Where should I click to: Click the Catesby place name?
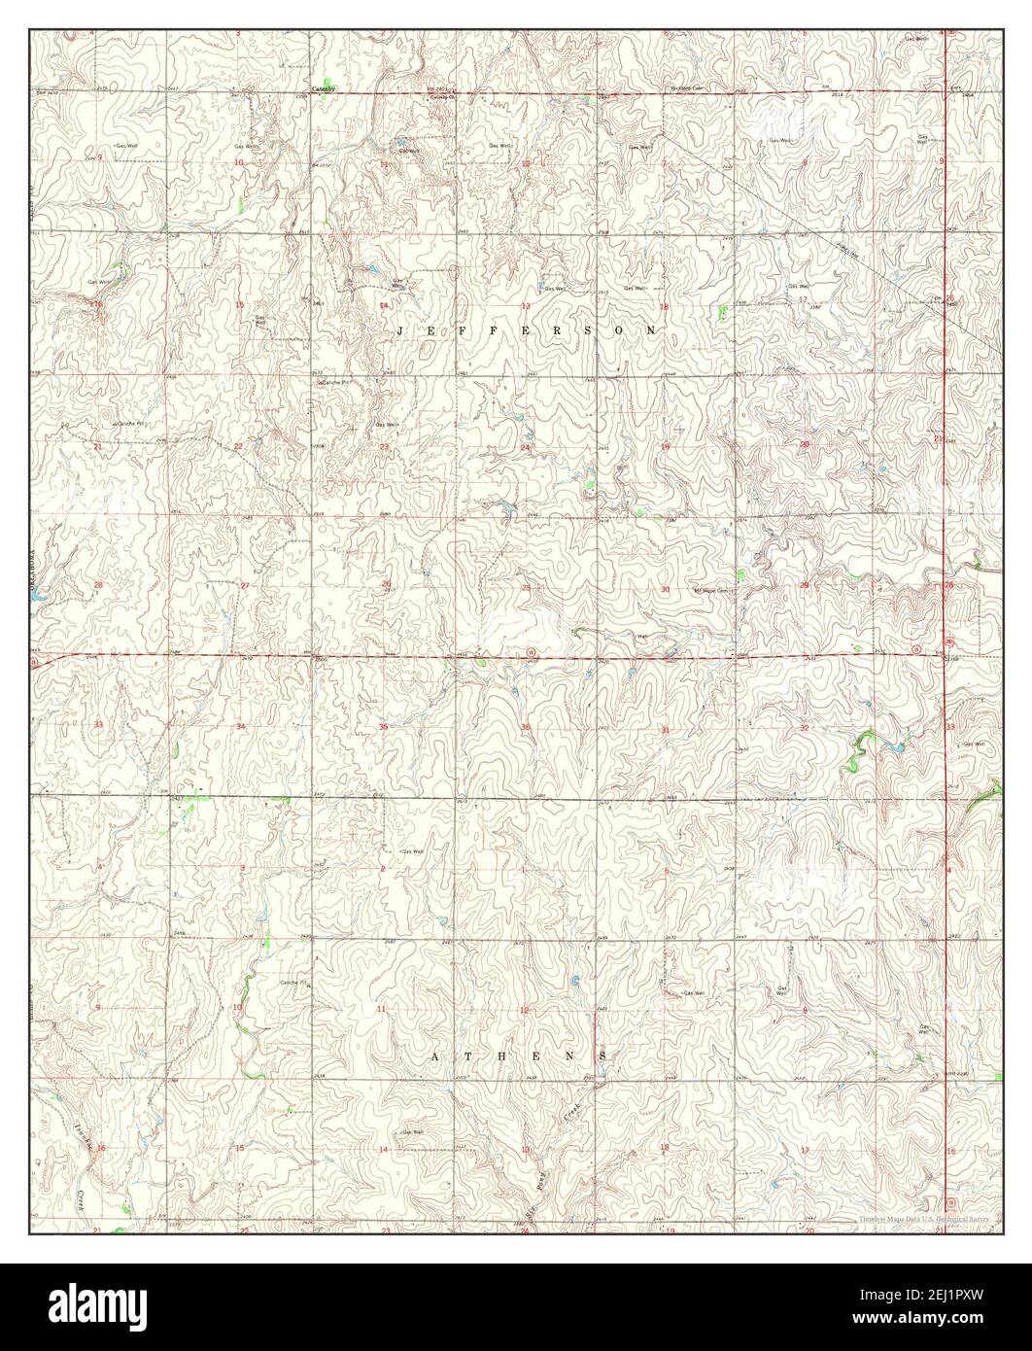point(323,89)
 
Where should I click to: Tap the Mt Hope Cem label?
point(716,590)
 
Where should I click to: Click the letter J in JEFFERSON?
point(401,331)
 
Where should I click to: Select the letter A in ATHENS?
point(435,1055)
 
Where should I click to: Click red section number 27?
point(245,585)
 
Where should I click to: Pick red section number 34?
point(241,727)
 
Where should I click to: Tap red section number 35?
point(384,727)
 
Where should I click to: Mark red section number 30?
point(666,590)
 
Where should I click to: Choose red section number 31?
point(666,729)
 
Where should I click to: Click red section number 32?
point(805,727)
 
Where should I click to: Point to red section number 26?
point(386,585)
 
